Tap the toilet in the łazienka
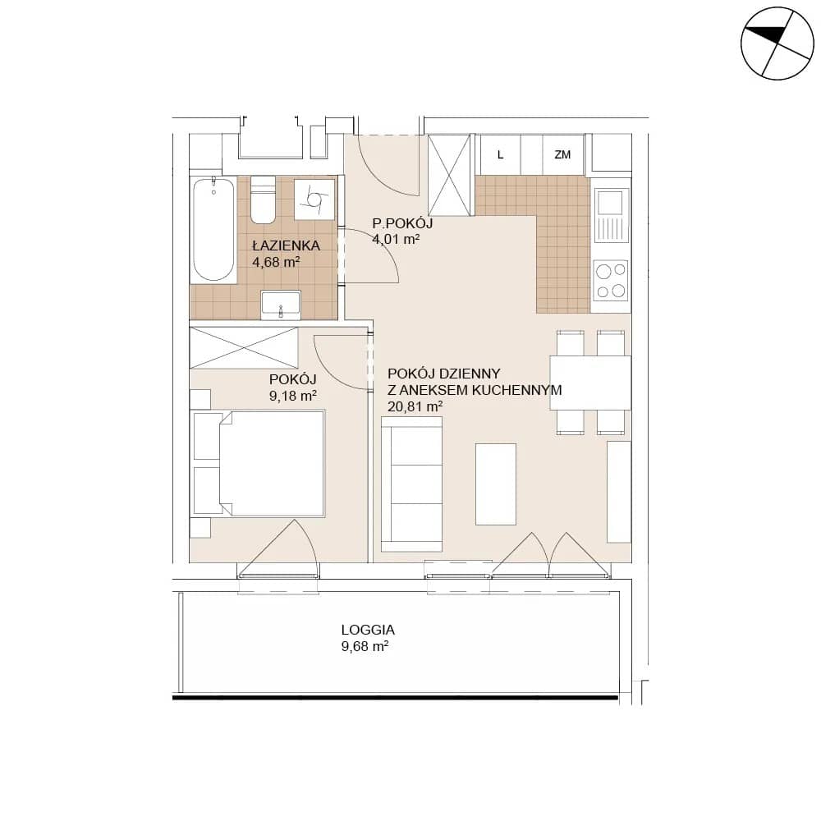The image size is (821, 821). click(263, 200)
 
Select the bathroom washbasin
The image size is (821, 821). click(281, 305)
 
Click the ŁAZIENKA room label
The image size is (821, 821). click(286, 245)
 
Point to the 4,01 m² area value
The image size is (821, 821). click(396, 240)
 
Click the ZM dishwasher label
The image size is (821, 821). click(562, 154)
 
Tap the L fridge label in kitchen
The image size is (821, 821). click(501, 155)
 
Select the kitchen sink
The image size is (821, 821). click(611, 215)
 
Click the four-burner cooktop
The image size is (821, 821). click(611, 281)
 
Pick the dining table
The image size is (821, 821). click(590, 383)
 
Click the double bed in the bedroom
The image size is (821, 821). click(259, 464)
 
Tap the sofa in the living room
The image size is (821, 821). click(412, 484)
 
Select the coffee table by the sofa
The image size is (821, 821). click(496, 484)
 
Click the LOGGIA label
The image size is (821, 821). click(368, 630)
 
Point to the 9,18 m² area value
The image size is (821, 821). click(293, 396)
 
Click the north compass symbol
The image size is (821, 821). click(777, 44)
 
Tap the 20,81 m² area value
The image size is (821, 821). click(415, 406)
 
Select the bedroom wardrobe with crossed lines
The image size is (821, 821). click(244, 347)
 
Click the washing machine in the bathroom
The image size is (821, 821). click(314, 200)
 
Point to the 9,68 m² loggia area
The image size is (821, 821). click(365, 647)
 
